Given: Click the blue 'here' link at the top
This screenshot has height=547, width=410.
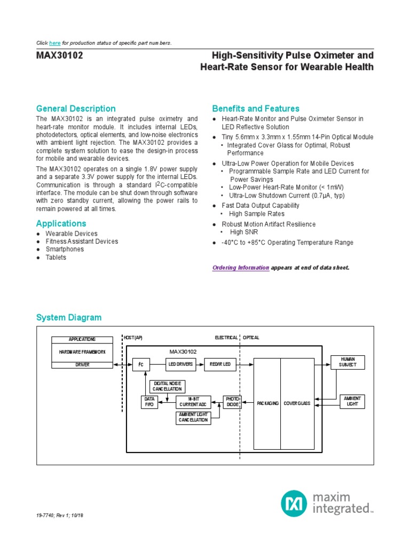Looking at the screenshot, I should tap(54, 43).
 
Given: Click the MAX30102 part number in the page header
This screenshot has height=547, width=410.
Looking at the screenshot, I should tap(59, 56).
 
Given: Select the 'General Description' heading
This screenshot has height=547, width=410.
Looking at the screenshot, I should tap(76, 108).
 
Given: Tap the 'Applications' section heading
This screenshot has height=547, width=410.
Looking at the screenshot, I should tap(61, 223).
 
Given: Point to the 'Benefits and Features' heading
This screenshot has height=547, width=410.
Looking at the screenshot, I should tap(256, 108).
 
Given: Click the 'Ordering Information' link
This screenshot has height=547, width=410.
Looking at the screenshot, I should tap(240, 267).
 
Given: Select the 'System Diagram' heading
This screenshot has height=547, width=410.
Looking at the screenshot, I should tap(68, 317).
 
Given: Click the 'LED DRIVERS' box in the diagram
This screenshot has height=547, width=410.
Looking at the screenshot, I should tap(180, 364).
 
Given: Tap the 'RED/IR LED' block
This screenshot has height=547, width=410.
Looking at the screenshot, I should tap(219, 364).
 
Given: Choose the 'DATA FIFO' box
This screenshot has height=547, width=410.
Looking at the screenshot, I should tap(149, 402).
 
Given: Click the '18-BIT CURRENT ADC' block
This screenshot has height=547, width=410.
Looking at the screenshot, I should tap(193, 402).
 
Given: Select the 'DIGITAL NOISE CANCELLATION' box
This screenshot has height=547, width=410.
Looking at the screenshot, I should tap(167, 386).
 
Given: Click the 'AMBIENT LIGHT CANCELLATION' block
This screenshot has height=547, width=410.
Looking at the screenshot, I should tap(193, 418).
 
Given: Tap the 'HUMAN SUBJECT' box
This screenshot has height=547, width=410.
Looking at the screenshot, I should tap(348, 362).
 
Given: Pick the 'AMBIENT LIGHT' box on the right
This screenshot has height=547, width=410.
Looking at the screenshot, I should tap(352, 401).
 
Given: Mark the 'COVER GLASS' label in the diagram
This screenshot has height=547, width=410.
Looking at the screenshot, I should tap(297, 403).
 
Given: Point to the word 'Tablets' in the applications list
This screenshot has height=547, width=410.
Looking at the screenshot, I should tap(56, 257).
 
